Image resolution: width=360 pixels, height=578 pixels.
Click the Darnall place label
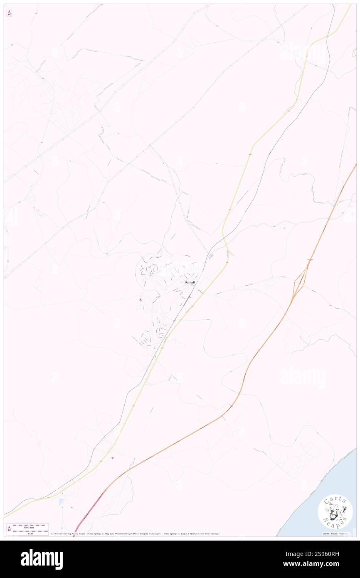(189, 282)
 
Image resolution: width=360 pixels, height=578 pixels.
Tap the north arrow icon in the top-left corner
(9, 13)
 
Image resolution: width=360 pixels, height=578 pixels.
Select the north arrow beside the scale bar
(10, 529)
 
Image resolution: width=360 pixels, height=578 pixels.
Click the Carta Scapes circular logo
(335, 512)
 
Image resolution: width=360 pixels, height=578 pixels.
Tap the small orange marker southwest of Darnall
(141, 299)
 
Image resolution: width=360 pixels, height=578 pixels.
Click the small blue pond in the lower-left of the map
(62, 502)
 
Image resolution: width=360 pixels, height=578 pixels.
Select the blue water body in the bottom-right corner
(324, 499)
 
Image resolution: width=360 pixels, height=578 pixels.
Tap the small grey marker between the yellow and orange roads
(112, 458)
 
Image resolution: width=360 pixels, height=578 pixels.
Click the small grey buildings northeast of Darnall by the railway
(210, 257)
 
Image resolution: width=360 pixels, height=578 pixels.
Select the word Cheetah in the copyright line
(58, 534)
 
